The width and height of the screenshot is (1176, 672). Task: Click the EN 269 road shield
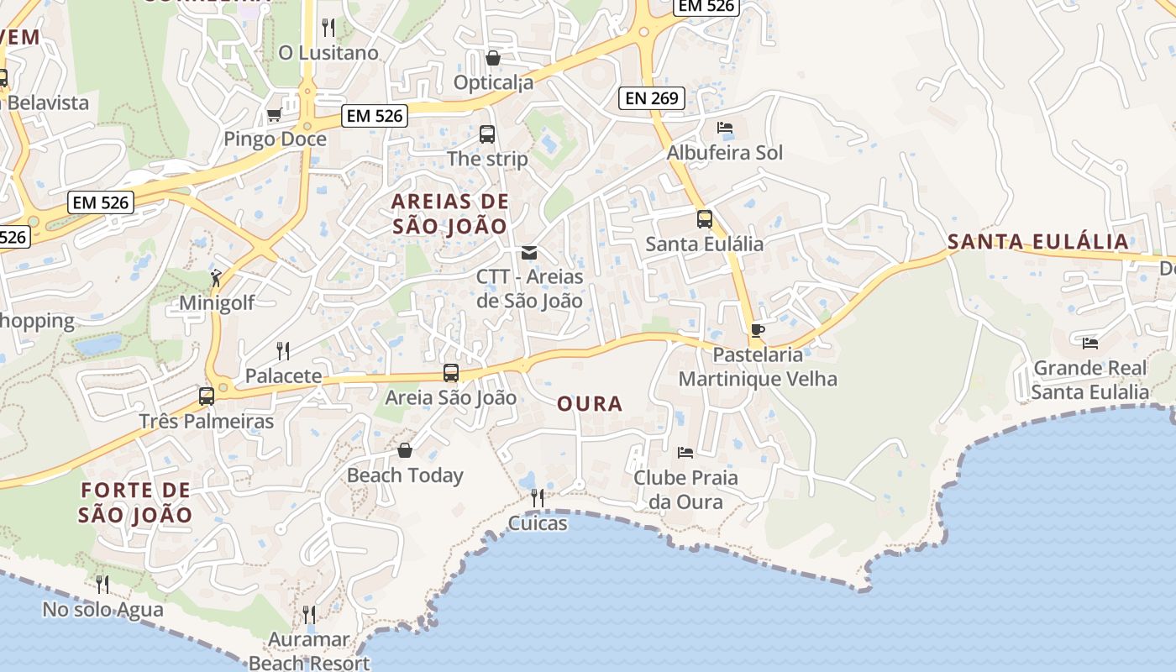(x=652, y=98)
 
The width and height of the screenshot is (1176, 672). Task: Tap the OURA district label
(x=590, y=404)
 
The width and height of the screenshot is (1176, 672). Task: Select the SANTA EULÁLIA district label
(x=1037, y=242)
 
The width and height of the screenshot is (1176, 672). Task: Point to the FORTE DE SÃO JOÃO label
(x=135, y=502)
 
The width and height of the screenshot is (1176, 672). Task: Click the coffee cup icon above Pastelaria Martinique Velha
(x=757, y=330)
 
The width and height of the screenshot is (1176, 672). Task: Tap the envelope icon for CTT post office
(x=529, y=252)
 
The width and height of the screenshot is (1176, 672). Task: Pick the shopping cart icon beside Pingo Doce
(x=274, y=115)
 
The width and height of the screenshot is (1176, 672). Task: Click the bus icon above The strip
(x=487, y=134)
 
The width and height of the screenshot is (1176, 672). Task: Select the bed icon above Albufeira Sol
(x=725, y=129)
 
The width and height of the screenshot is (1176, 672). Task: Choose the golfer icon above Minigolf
(x=217, y=276)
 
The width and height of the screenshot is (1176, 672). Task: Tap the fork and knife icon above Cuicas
(x=538, y=498)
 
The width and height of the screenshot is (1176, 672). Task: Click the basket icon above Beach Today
(x=405, y=450)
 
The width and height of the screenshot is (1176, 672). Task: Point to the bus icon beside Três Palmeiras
(x=207, y=396)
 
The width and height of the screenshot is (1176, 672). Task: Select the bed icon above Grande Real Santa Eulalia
(x=1090, y=343)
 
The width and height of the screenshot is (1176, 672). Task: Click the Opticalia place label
(x=493, y=82)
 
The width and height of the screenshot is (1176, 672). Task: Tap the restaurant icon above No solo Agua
(x=102, y=584)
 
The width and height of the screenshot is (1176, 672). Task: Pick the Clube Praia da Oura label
(x=685, y=490)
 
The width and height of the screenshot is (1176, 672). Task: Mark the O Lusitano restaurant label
(x=328, y=53)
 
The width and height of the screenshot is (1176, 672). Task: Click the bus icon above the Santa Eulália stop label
(x=704, y=219)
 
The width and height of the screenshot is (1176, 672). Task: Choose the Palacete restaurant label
(x=283, y=375)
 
